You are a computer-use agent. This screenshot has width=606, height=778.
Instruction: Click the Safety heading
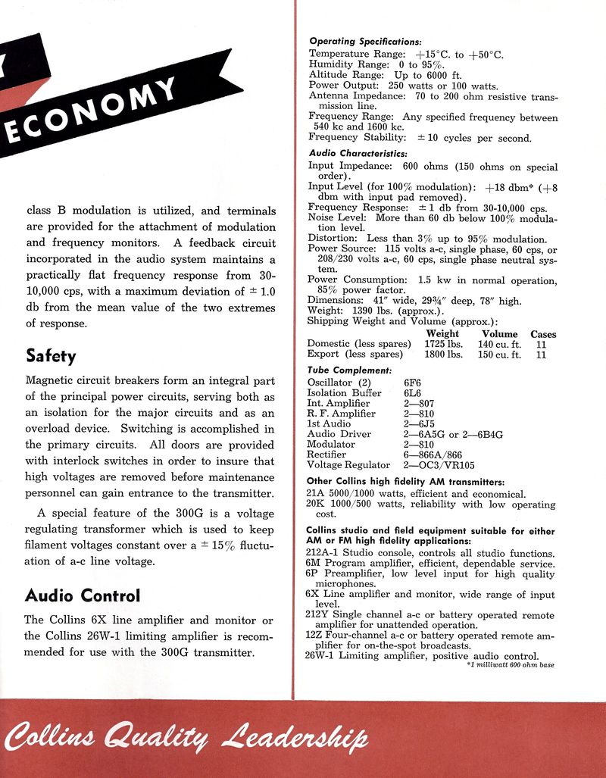coord(51,355)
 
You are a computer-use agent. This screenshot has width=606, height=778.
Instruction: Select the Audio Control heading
coord(83,595)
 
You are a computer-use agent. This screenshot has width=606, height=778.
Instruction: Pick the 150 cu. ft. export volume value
coord(499,354)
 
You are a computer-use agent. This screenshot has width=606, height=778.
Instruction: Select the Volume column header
coord(500,333)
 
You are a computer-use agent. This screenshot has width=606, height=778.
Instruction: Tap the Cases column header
coord(543,333)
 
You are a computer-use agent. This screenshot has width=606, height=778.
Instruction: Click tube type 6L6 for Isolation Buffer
coord(412,393)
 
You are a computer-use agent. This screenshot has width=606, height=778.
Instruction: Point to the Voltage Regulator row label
coord(348,464)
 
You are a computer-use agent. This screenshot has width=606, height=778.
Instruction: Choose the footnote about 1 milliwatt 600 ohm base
coord(511,664)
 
